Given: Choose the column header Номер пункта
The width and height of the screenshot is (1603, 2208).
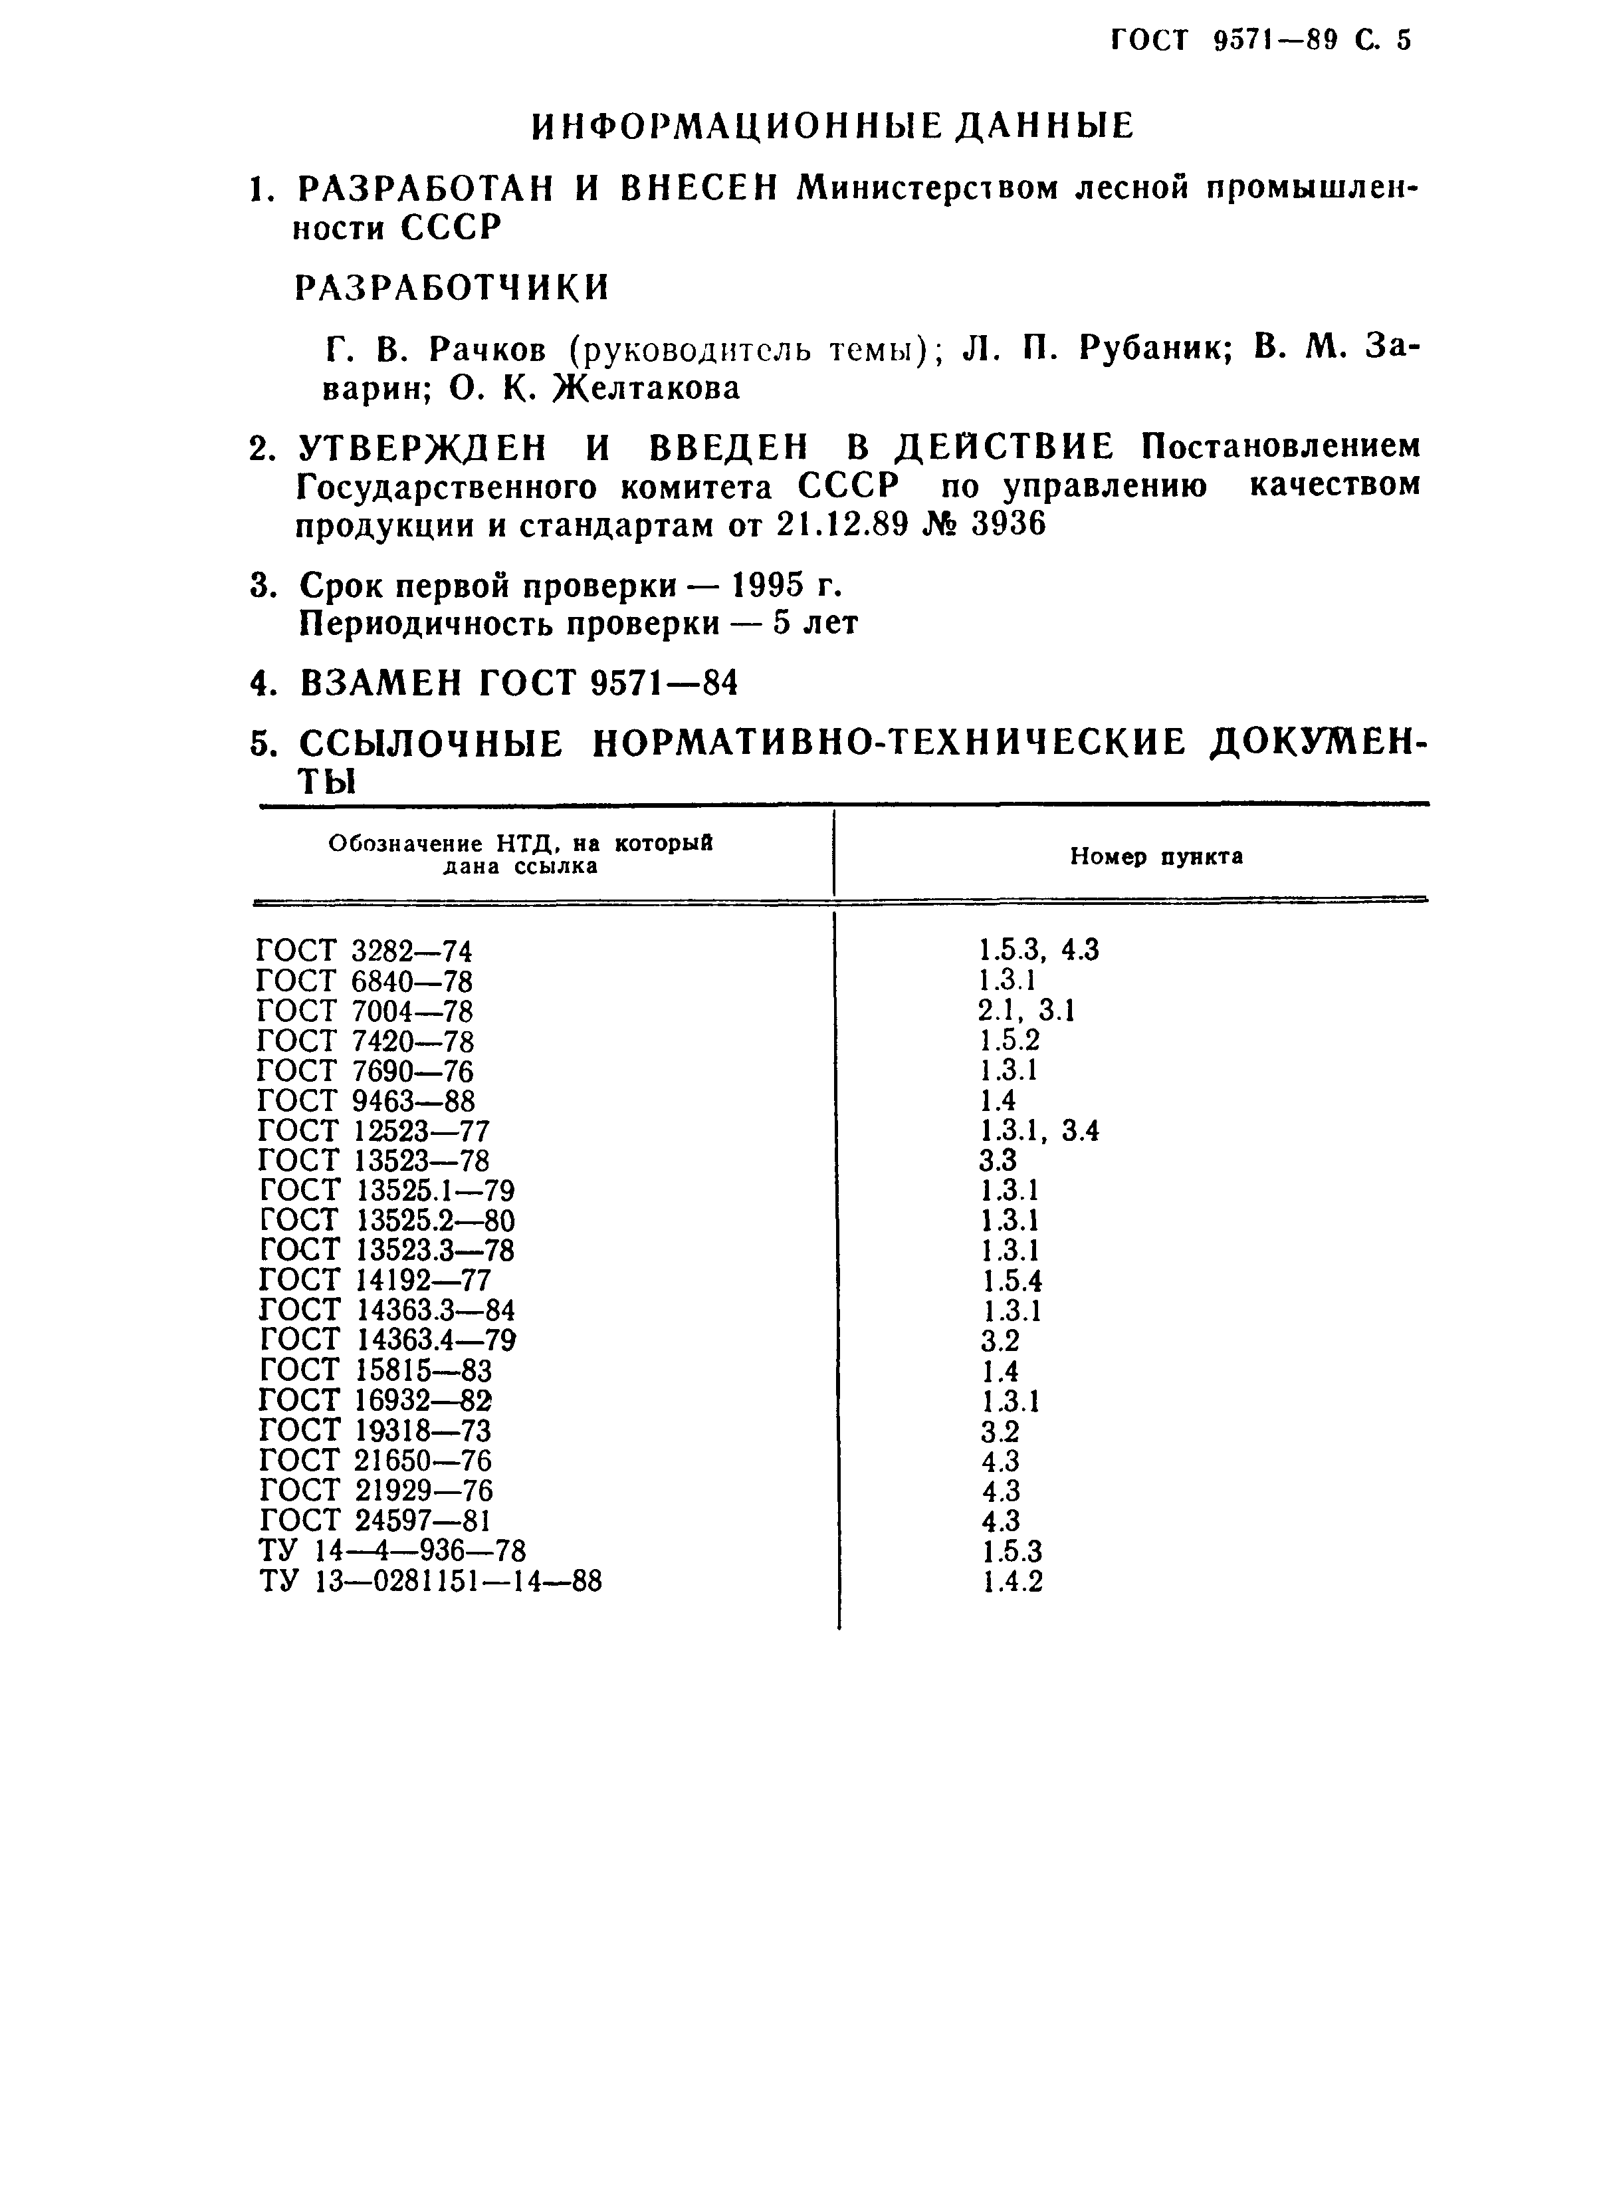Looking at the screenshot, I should point(1156,857).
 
